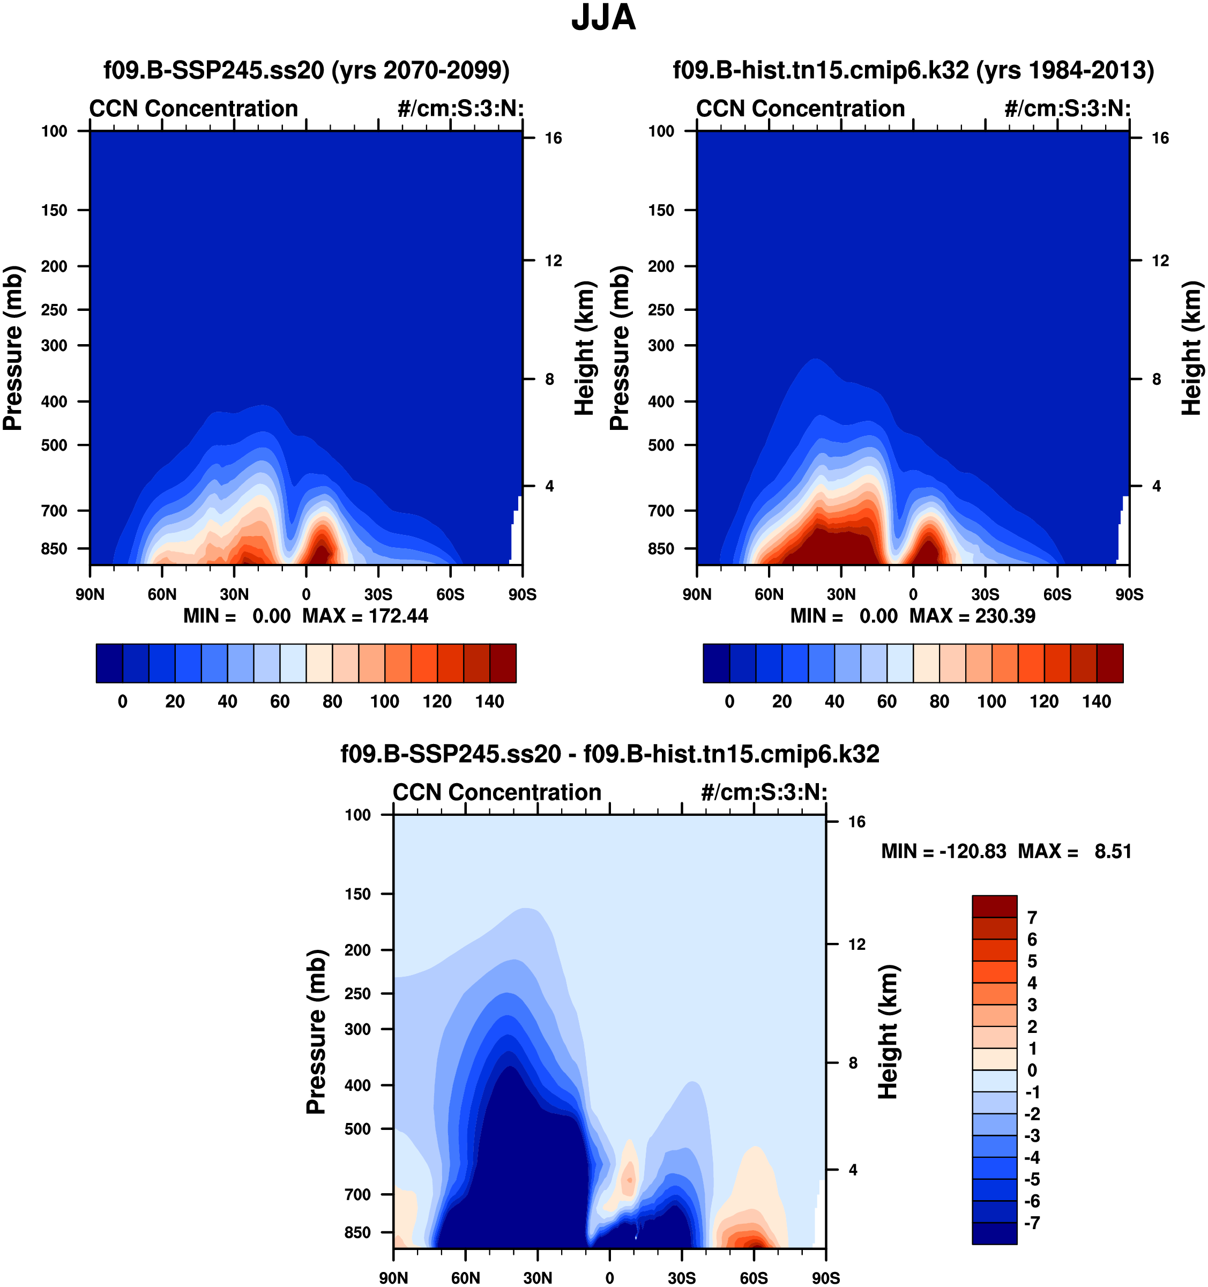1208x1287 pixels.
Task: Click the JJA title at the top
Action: coord(603,18)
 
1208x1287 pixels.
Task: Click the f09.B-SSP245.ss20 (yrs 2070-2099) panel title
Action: coord(306,70)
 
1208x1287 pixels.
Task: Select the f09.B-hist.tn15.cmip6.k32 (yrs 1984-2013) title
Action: coord(913,70)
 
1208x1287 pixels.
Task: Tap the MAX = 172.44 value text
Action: coord(365,616)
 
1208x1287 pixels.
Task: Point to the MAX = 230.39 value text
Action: coord(972,616)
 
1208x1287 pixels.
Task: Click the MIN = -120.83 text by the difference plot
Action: coord(943,851)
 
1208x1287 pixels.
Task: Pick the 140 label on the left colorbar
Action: coord(489,701)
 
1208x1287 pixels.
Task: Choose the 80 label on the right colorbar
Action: coord(939,701)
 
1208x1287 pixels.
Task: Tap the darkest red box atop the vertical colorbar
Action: coord(994,906)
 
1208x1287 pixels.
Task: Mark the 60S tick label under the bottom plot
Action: coord(754,1278)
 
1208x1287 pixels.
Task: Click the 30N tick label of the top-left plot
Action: coord(234,594)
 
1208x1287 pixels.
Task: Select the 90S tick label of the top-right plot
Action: coord(1129,594)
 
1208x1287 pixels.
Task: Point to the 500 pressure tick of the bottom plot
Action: coord(357,1129)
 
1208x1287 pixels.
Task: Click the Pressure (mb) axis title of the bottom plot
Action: coord(316,1032)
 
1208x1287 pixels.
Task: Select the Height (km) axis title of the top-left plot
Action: coord(585,348)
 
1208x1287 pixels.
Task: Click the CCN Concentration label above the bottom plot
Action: coord(497,792)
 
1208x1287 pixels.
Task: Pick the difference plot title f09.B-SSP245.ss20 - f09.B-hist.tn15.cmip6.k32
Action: coord(610,754)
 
